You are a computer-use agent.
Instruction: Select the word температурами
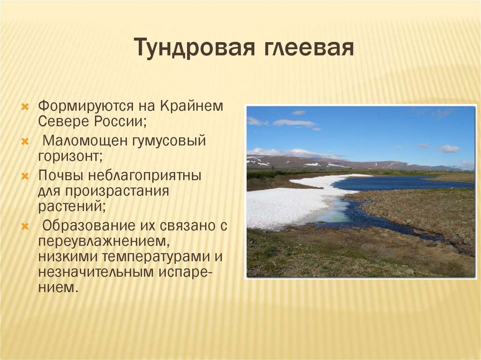click(157, 257)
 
